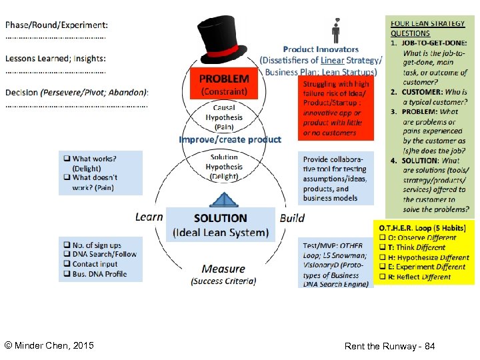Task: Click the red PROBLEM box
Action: (224, 83)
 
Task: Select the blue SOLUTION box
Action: (220, 225)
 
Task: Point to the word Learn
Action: (149, 217)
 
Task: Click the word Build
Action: (292, 218)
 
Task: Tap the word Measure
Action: (223, 269)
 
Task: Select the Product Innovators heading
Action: (321, 49)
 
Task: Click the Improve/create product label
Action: (230, 139)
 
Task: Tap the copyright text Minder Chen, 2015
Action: (49, 345)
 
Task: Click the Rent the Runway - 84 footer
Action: (389, 347)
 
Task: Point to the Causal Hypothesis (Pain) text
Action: (224, 117)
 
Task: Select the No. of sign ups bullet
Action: (97, 245)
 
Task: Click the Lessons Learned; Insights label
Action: (55, 59)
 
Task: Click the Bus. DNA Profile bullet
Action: (99, 274)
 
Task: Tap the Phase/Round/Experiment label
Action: (56, 25)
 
